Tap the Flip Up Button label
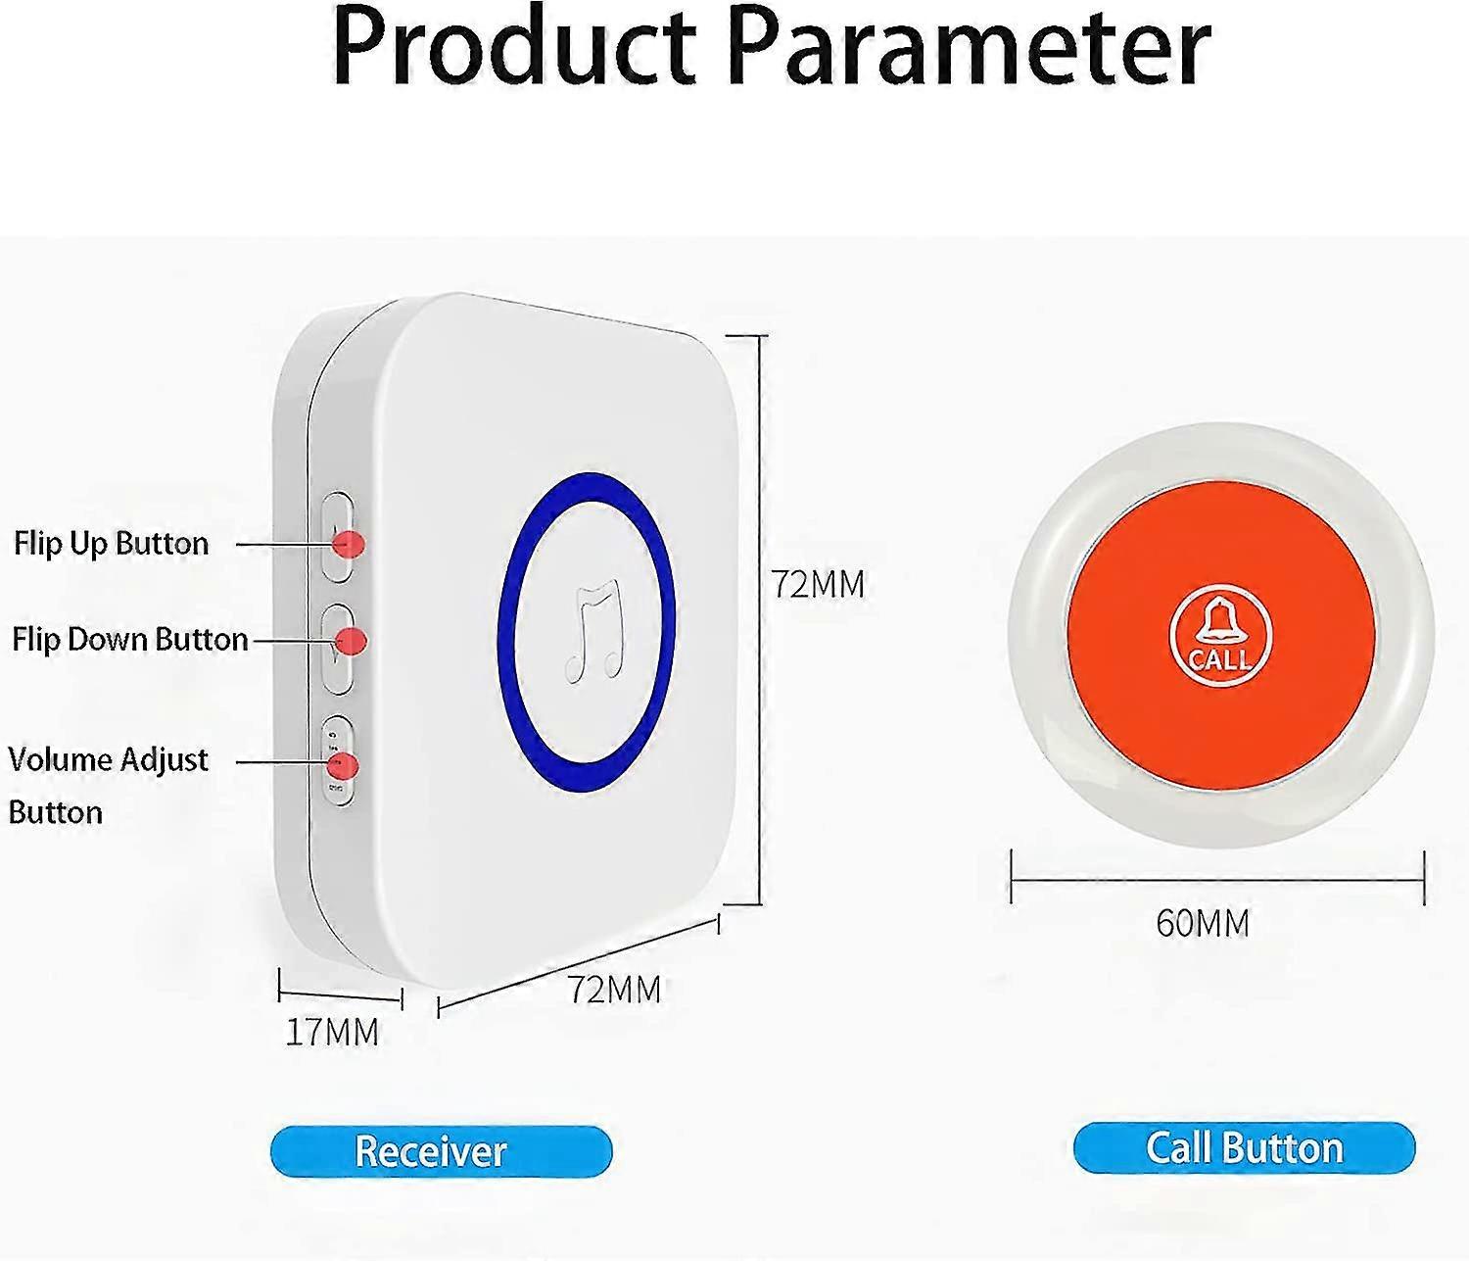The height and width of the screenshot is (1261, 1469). [x=111, y=544]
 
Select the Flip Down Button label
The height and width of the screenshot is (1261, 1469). [x=129, y=640]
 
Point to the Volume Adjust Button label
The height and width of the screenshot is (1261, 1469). [x=108, y=785]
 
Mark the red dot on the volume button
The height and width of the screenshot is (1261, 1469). [x=345, y=765]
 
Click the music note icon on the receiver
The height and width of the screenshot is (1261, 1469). [x=593, y=631]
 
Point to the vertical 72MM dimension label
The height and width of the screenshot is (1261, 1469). [x=819, y=584]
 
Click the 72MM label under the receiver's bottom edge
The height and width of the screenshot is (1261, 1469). [x=614, y=990]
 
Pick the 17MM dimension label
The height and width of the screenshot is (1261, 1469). [x=332, y=1032]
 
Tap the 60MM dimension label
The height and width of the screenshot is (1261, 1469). [x=1203, y=923]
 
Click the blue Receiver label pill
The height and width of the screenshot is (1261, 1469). [x=441, y=1151]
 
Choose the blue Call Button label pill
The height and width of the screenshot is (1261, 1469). [x=1244, y=1148]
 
